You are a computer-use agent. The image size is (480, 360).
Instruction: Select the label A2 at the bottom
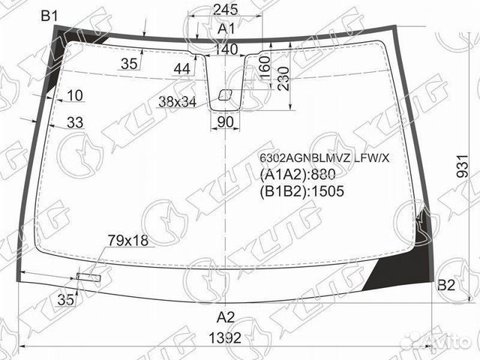click(x=226, y=316)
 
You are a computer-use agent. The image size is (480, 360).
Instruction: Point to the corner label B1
click(x=49, y=16)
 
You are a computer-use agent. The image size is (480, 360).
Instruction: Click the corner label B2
click(x=446, y=286)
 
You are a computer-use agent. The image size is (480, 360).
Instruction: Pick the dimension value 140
click(x=226, y=49)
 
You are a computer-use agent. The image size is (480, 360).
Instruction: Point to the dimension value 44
click(x=181, y=69)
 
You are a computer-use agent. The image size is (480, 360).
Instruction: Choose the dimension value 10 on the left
click(x=74, y=94)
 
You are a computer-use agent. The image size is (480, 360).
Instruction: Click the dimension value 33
click(x=75, y=121)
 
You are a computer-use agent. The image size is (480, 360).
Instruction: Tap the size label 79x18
click(x=128, y=241)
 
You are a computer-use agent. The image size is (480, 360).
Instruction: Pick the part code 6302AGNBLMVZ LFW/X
click(x=325, y=159)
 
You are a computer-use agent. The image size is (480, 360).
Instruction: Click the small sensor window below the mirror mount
click(x=225, y=94)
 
